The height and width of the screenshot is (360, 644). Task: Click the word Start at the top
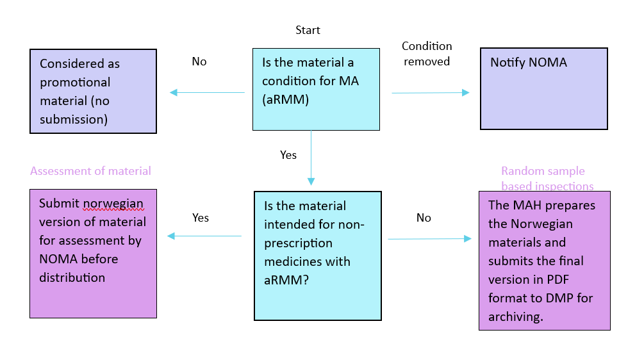tap(308, 30)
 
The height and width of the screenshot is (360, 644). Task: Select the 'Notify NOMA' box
tap(544, 88)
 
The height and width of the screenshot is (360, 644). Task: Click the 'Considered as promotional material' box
tap(93, 92)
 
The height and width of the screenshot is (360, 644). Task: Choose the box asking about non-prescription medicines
tap(318, 255)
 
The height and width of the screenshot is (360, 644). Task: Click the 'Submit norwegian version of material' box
tap(93, 253)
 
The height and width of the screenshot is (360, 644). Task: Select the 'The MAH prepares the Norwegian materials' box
tap(544, 260)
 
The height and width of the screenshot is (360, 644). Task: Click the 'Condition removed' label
tap(427, 54)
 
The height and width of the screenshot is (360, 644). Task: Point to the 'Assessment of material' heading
tap(90, 171)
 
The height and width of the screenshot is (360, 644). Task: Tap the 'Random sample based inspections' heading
tap(547, 179)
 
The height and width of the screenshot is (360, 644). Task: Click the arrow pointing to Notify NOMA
tap(430, 93)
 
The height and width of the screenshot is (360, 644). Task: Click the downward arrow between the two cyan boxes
tap(311, 157)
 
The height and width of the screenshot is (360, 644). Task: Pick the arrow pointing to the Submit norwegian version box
tap(204, 236)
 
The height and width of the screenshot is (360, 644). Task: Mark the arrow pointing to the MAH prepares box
tap(429, 239)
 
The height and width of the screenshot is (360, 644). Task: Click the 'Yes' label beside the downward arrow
tap(288, 155)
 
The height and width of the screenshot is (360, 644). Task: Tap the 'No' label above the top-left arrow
tap(199, 61)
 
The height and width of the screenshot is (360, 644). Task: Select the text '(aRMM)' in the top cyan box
tap(284, 100)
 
